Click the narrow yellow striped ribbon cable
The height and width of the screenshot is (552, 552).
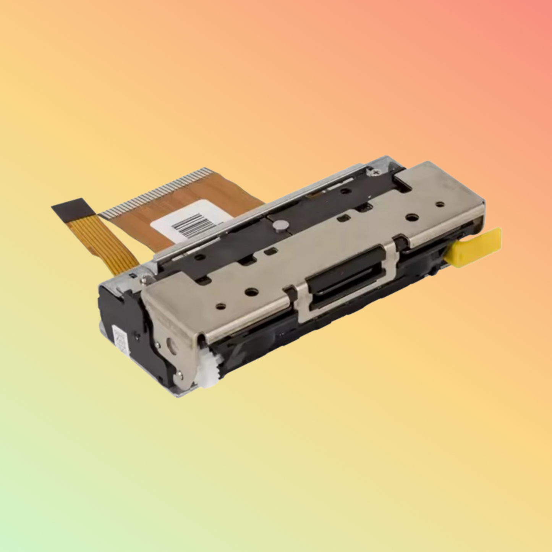click(x=115, y=244)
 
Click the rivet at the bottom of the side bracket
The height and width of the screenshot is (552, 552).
click(x=180, y=376)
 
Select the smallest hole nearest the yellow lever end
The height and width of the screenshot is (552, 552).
click(x=440, y=204)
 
